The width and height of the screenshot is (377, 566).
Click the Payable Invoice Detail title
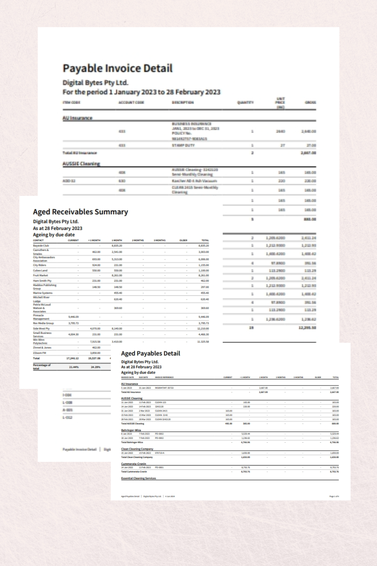coord(117,68)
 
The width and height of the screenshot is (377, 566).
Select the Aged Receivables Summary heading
coord(80,212)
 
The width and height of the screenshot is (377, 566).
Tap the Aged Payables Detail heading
coord(150,353)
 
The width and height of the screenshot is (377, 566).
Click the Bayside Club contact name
coord(41,246)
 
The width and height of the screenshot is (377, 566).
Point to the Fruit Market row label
coord(40,275)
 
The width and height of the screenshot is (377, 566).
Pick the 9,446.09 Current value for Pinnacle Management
coord(73,317)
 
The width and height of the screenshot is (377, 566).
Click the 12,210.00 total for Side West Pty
coord(203,329)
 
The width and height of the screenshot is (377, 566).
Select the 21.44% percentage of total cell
coord(74,367)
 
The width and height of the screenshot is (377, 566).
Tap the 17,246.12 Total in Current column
coord(72,358)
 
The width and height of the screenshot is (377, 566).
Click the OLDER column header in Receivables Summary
coord(183,240)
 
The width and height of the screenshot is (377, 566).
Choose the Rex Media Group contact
coord(43,323)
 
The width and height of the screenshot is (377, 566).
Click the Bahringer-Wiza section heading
coord(131,430)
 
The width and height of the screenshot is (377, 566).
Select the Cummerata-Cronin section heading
coord(133,464)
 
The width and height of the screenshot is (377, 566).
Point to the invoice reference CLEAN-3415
coord(161,411)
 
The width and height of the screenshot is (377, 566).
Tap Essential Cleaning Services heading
coord(139,478)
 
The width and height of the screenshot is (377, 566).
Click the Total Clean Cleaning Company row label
coord(137,457)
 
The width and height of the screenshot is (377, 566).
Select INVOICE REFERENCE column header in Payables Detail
coord(164,377)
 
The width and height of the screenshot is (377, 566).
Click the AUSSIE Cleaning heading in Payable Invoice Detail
coord(81,164)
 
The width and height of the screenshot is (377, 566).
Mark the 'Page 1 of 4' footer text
coord(334,496)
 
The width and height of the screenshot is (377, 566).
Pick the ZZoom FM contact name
coord(39,353)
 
